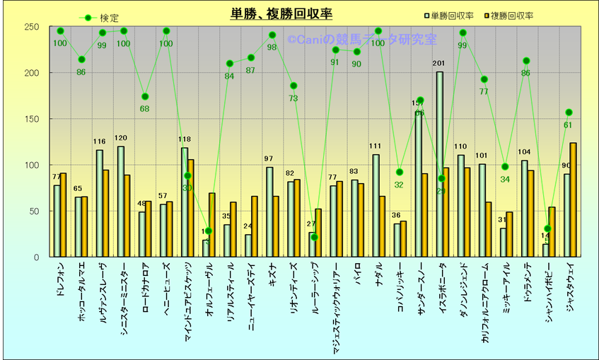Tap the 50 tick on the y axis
[33, 211]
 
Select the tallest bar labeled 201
[439, 164]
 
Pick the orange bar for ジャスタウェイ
[573, 199]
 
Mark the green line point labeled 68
[145, 96]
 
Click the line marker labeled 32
[400, 172]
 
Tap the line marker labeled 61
[569, 112]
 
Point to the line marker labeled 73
[293, 86]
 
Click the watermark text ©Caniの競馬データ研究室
[362, 41]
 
